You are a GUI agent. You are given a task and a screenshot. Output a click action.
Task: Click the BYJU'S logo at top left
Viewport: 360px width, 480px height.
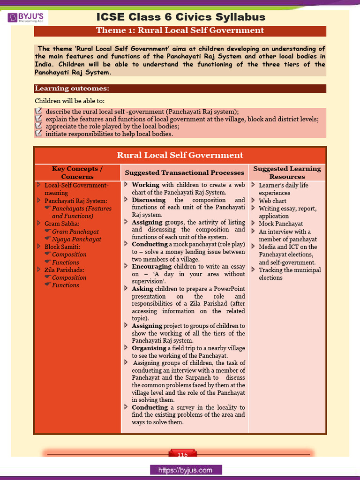(28, 18)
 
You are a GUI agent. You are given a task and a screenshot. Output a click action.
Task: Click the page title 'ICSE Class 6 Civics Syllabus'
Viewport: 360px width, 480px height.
(180, 17)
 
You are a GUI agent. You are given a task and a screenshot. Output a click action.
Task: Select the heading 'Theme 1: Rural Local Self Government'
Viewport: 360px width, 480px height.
(180, 31)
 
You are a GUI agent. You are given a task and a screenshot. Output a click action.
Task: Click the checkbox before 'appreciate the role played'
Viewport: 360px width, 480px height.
(38, 126)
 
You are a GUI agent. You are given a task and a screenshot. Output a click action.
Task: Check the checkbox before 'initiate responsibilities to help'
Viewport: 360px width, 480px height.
(38, 134)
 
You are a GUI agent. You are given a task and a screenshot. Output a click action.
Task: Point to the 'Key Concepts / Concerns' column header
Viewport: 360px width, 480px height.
(77, 172)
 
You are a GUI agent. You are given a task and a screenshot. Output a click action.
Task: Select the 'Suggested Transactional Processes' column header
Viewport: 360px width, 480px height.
(184, 172)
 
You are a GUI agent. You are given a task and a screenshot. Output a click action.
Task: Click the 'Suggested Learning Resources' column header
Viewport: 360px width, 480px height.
(287, 172)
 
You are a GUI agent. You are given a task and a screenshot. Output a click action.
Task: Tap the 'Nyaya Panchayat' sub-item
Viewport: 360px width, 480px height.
(76, 239)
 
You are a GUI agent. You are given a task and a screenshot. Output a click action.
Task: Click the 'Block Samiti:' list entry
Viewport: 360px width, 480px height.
(62, 247)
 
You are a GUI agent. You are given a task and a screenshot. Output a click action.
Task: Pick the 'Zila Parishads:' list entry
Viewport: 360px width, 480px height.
(65, 270)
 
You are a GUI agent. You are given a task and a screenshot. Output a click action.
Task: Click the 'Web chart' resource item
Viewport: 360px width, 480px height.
(272, 201)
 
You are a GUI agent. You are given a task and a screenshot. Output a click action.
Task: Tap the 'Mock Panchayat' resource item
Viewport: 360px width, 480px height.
(281, 224)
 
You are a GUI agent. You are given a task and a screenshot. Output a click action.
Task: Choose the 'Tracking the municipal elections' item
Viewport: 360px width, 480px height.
(289, 274)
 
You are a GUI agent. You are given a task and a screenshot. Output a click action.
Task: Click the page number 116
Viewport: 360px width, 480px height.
(182, 455)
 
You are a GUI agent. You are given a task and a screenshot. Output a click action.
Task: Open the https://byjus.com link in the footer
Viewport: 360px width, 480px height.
(186, 470)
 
